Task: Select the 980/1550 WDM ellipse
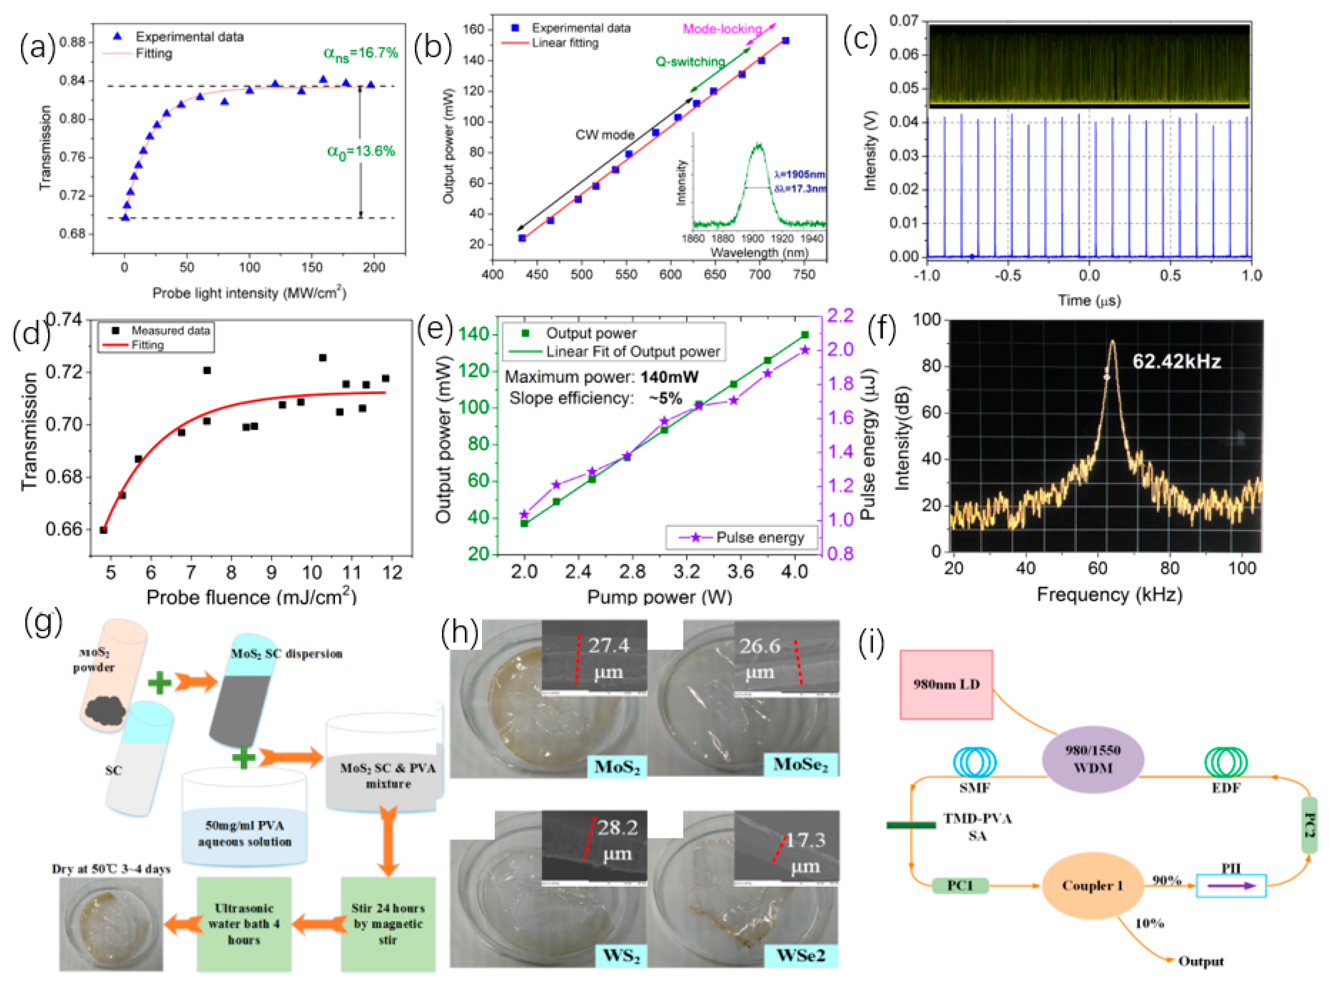click(1093, 759)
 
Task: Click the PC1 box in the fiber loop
click(960, 886)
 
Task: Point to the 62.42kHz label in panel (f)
click(1176, 362)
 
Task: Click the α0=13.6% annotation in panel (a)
click(361, 152)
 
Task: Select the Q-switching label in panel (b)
click(690, 61)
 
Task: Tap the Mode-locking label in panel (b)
click(722, 28)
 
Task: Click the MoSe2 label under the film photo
click(800, 765)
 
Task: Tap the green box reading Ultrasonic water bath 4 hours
click(244, 924)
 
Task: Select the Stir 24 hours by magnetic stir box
click(388, 924)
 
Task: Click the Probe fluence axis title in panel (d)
click(251, 597)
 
